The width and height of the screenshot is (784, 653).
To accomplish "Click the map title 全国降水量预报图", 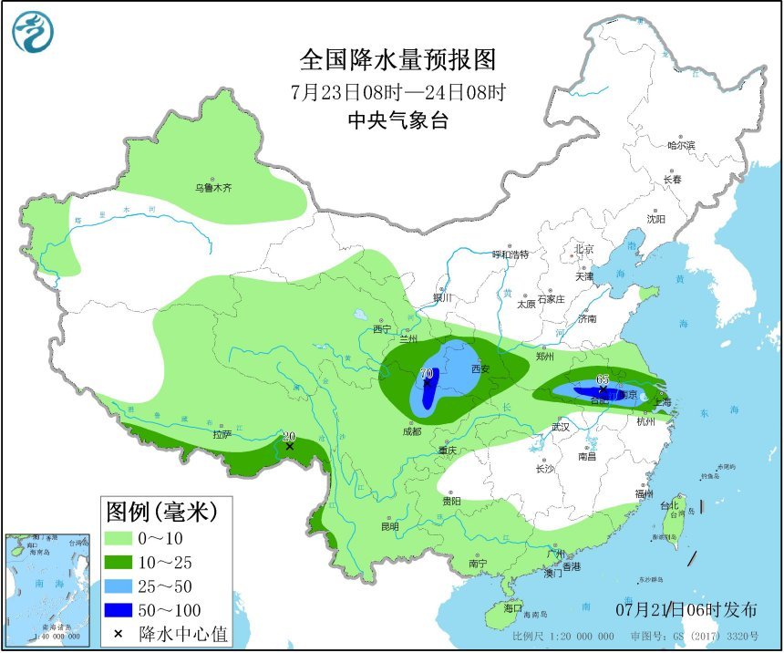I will (398, 60).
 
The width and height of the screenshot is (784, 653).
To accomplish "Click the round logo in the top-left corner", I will (33, 32).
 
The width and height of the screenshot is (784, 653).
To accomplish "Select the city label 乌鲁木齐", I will (212, 188).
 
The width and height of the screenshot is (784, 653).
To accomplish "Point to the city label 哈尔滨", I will (680, 145).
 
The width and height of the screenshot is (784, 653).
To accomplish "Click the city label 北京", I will (583, 249).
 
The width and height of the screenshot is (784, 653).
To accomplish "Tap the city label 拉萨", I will (222, 434).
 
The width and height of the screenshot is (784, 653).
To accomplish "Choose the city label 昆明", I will (389, 526).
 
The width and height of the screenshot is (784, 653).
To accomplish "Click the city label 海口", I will (512, 607).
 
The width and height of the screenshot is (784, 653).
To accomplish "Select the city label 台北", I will (669, 505).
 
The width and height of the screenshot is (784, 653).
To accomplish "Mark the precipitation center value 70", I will (426, 374).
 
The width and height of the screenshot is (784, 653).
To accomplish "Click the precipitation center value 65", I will (602, 379).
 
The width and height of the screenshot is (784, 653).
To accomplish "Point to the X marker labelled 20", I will (289, 446).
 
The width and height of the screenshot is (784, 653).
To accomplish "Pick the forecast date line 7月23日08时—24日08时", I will (398, 91).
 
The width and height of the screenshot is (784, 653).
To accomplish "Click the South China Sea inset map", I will (48, 589).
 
